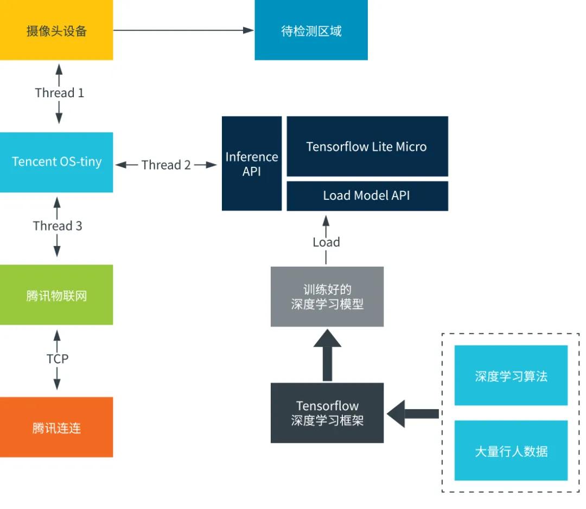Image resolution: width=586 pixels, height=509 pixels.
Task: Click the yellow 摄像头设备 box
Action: (56, 30)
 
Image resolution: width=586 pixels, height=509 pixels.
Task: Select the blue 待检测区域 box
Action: (311, 30)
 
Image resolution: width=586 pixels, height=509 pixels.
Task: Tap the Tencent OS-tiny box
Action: (56, 162)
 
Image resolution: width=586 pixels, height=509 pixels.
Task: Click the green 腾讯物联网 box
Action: (56, 295)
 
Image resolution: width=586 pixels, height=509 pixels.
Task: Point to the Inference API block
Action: (252, 164)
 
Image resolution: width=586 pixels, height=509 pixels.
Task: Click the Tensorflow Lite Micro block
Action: (367, 146)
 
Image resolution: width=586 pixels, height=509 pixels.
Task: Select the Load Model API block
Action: (367, 196)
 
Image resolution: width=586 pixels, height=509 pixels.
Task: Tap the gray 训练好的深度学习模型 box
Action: (327, 297)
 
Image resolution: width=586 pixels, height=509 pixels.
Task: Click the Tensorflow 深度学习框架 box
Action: (327, 413)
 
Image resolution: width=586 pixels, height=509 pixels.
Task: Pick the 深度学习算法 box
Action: (511, 375)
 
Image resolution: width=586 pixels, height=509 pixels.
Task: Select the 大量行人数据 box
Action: (511, 450)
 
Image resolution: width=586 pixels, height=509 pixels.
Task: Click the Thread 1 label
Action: (59, 93)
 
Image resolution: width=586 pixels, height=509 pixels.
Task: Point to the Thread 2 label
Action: (166, 165)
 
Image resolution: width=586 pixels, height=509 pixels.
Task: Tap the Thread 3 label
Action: (58, 226)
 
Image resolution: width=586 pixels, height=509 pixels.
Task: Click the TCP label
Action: (58, 359)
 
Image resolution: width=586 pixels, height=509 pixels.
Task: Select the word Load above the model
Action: (326, 242)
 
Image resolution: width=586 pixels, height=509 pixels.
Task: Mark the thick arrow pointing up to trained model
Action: (327, 355)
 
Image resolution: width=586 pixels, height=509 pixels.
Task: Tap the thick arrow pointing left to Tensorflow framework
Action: (413, 414)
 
